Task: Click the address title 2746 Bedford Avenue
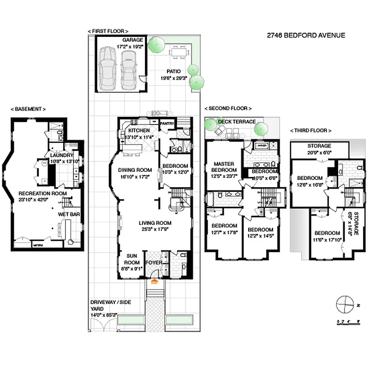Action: (306, 35)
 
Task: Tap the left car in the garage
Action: (108, 65)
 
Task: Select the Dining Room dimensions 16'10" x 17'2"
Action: (134, 177)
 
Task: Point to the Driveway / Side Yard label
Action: (111, 305)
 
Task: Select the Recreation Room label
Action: (42, 193)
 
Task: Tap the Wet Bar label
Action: (66, 214)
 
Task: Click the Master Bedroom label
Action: (224, 167)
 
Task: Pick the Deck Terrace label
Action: (237, 122)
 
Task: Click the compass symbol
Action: (344, 305)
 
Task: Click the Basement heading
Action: (28, 109)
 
